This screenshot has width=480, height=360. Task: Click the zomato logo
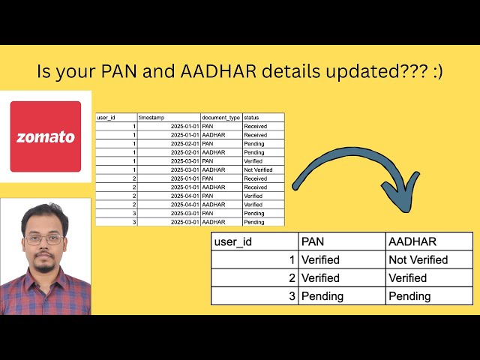click(x=46, y=136)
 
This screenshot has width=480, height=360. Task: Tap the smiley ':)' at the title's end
click(x=435, y=72)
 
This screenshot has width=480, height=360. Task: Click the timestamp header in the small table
click(x=152, y=118)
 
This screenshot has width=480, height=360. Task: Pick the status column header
click(x=251, y=118)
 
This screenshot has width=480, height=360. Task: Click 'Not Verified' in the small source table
click(x=258, y=170)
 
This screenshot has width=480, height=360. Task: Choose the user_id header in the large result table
click(x=232, y=241)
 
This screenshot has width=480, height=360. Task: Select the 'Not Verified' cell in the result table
click(x=418, y=259)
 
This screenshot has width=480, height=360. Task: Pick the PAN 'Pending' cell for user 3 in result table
click(x=322, y=295)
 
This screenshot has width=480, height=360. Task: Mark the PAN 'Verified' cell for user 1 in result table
click(x=320, y=259)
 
